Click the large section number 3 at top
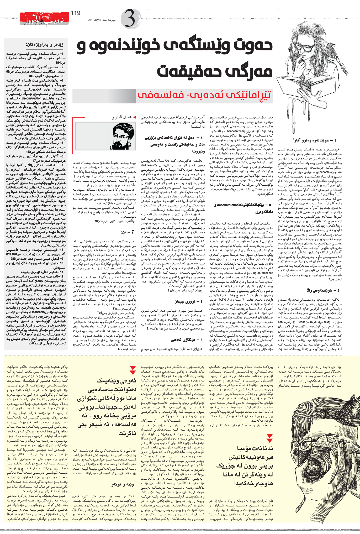click(130, 18)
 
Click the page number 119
click(76, 13)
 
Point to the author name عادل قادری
click(121, 117)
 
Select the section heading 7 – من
click(128, 232)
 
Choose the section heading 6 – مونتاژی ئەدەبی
click(187, 340)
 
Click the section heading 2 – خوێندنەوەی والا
click(323, 290)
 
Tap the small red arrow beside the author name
click(135, 117)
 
